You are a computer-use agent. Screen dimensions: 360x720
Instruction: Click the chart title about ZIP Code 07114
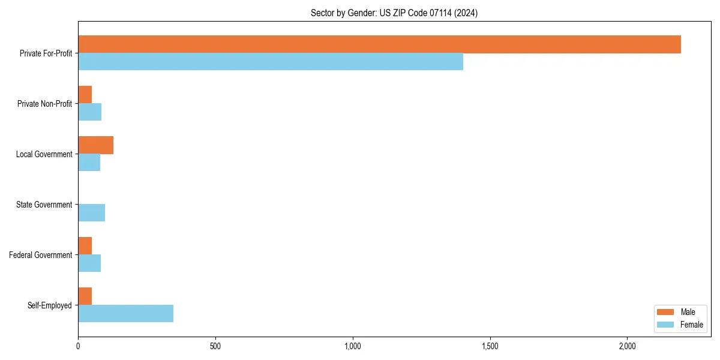tap(394, 13)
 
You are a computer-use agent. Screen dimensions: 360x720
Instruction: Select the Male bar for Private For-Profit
tap(379, 44)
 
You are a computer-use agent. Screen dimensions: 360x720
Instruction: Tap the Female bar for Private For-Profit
tap(271, 61)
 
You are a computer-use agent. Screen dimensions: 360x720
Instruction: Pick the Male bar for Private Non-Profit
tap(85, 95)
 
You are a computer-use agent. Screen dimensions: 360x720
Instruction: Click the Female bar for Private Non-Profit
tap(89, 112)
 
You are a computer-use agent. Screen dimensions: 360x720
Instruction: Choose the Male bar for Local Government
tap(95, 145)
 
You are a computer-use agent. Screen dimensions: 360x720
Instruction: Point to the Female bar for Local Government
tap(89, 162)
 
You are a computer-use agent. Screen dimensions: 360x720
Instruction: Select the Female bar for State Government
tap(91, 212)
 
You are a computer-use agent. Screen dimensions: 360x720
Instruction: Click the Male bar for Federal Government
tap(85, 246)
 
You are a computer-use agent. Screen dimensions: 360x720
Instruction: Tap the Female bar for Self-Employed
tap(125, 313)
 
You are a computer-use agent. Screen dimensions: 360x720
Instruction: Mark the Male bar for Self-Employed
tap(85, 296)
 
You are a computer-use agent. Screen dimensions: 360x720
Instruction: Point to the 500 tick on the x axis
tap(215, 346)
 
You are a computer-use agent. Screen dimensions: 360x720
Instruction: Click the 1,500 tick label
tap(490, 346)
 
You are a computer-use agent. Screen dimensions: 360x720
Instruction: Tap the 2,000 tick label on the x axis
tap(627, 346)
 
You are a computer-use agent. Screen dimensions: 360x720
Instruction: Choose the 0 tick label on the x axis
tap(78, 346)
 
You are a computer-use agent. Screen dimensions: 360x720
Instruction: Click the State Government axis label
tap(44, 205)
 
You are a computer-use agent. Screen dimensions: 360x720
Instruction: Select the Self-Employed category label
tap(49, 305)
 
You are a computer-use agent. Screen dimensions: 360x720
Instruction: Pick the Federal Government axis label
tap(40, 255)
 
